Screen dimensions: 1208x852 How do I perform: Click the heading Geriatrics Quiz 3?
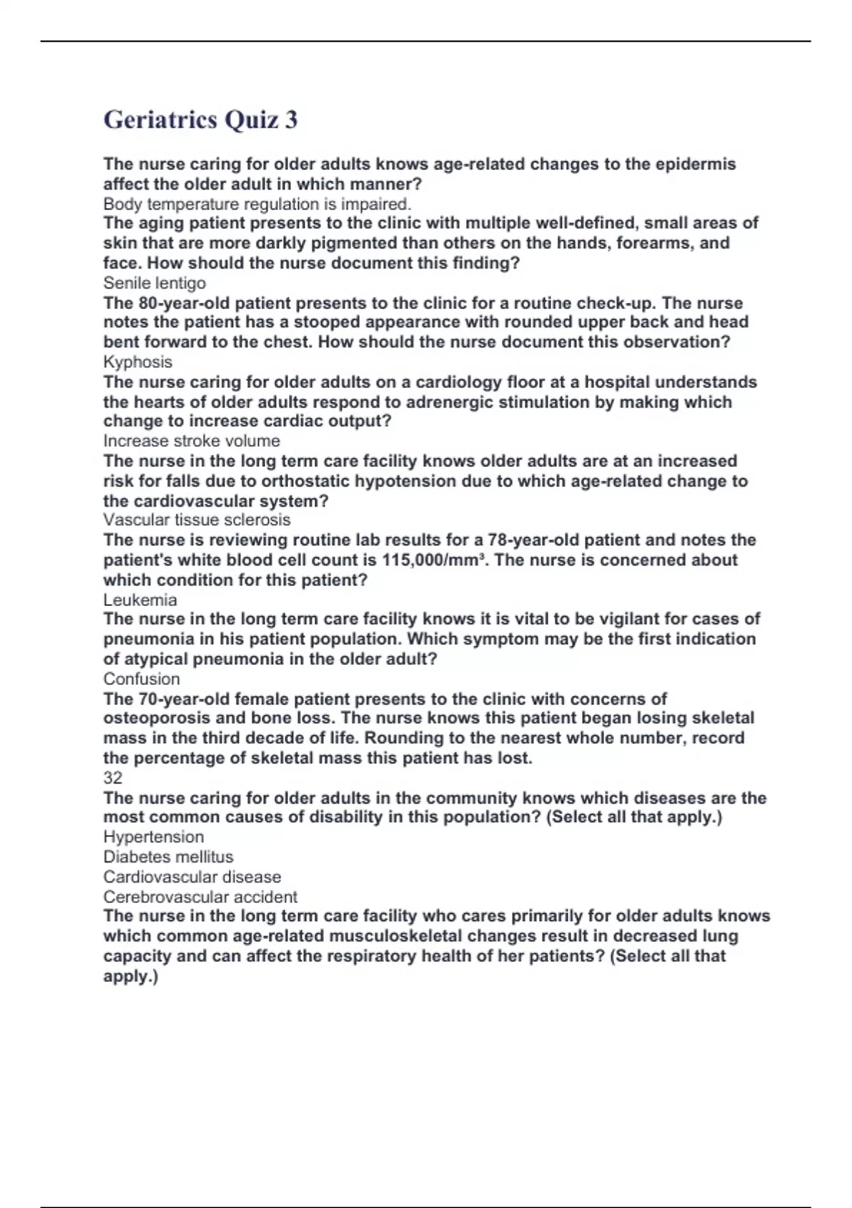coord(200,119)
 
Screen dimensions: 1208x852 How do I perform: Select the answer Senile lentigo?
coord(154,283)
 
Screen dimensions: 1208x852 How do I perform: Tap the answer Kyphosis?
coord(138,362)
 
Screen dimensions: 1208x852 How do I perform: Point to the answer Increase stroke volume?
coord(191,441)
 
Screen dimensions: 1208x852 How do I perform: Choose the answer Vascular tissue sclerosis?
coord(197,519)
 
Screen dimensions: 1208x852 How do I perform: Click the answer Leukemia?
coord(140,599)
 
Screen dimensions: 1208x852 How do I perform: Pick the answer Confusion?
coord(141,679)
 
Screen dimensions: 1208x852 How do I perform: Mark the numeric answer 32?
coord(113,777)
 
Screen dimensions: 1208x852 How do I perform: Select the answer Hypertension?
coord(153,837)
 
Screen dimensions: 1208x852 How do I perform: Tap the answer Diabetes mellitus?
coord(168,857)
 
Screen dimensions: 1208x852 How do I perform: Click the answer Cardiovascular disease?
coord(192,877)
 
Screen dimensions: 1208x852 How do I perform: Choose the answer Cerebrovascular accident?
coord(200,897)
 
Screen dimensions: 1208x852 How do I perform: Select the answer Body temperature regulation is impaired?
coord(257,204)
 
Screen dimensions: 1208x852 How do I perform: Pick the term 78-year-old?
coord(533,540)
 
